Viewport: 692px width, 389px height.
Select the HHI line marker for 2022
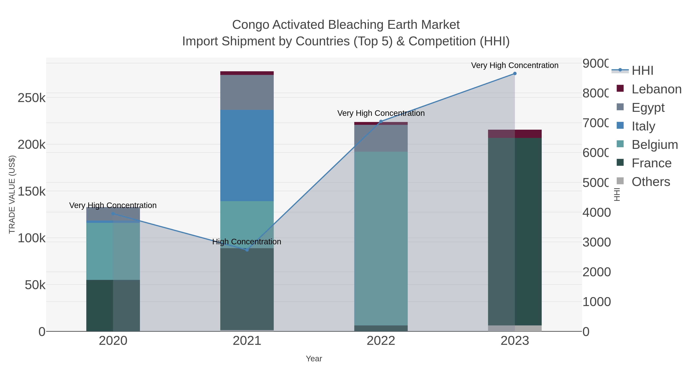381,122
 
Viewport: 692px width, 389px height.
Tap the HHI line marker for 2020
113,214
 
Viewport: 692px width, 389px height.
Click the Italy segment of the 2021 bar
247,156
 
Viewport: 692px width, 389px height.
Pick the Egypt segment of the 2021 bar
247,92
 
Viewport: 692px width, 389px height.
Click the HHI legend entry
642,71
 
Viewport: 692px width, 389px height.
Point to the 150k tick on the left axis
32,191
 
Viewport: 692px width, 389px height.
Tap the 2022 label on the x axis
381,341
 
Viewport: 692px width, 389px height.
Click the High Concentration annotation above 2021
247,242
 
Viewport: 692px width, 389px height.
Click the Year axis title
314,359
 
